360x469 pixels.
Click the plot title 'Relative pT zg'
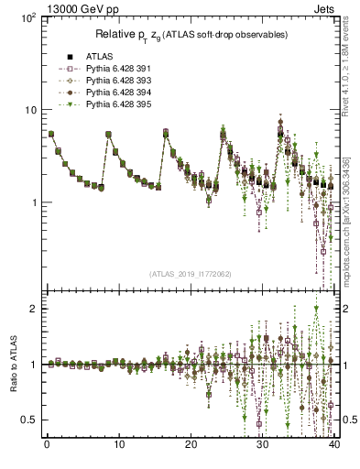point(191,34)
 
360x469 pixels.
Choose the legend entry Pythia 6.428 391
point(109,69)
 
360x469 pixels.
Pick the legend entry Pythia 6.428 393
point(109,81)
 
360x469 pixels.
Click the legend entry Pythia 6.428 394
point(109,93)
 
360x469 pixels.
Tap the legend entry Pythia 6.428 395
point(109,104)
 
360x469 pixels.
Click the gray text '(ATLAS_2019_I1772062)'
point(190,274)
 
